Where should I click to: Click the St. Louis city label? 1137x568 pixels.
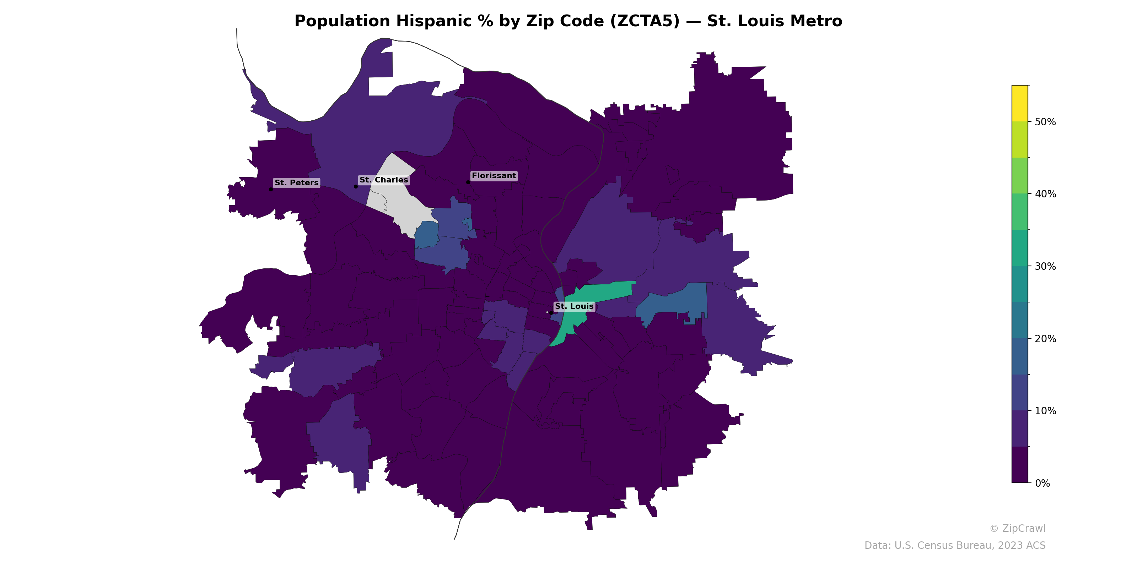[x=574, y=306]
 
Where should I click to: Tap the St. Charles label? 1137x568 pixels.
[x=384, y=180]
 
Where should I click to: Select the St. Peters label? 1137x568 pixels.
[x=296, y=182]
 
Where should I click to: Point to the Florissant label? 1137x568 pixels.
[x=494, y=175]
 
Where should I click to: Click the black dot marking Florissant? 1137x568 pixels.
[x=468, y=182]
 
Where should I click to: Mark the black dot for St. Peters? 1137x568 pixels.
[x=270, y=190]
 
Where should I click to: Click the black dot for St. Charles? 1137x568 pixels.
[x=356, y=186]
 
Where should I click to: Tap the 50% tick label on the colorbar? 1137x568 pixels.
[x=1045, y=122]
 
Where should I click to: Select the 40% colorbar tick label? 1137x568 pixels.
[x=1045, y=195]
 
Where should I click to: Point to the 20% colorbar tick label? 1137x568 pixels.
[x=1045, y=339]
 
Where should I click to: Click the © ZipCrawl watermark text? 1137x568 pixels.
[x=1017, y=528]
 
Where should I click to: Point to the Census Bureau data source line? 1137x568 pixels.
[x=955, y=546]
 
